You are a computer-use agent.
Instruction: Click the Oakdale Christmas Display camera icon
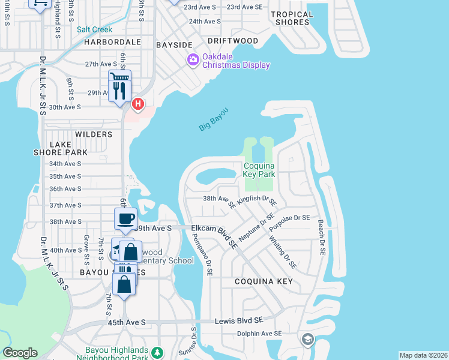pyautogui.click(x=193, y=59)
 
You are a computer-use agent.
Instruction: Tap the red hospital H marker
pyautogui.click(x=137, y=104)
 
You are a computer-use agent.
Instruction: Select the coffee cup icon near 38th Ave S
pyautogui.click(x=125, y=219)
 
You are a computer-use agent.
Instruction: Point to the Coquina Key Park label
pyautogui.click(x=259, y=170)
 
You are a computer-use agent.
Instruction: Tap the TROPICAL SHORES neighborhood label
pyautogui.click(x=292, y=18)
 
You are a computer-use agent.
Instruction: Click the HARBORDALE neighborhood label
pyautogui.click(x=112, y=43)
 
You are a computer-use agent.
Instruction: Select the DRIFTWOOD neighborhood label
pyautogui.click(x=233, y=41)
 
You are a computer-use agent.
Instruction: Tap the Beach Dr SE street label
pyautogui.click(x=322, y=237)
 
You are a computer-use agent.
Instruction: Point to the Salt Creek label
pyautogui.click(x=94, y=29)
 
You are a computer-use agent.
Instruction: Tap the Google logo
pyautogui.click(x=20, y=353)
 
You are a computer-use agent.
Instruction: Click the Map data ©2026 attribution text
pyautogui.click(x=423, y=355)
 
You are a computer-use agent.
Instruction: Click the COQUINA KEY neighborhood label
pyautogui.click(x=264, y=281)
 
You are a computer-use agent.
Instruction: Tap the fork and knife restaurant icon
pyautogui.click(x=119, y=90)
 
